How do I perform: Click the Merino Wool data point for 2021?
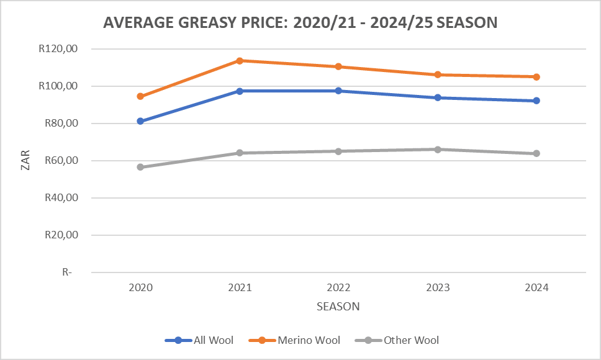(240, 60)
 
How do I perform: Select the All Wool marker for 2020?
(140, 121)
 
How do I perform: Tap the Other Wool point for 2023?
(438, 149)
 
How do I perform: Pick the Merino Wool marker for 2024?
(536, 77)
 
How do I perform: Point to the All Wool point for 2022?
(338, 91)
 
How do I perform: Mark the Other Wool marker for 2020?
(140, 167)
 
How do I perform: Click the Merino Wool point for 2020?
(140, 96)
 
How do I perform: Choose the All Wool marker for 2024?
(536, 101)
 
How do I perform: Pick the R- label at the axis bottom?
(66, 272)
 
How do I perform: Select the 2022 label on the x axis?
(338, 288)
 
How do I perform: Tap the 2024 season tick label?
(536, 288)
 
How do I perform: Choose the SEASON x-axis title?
(338, 307)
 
